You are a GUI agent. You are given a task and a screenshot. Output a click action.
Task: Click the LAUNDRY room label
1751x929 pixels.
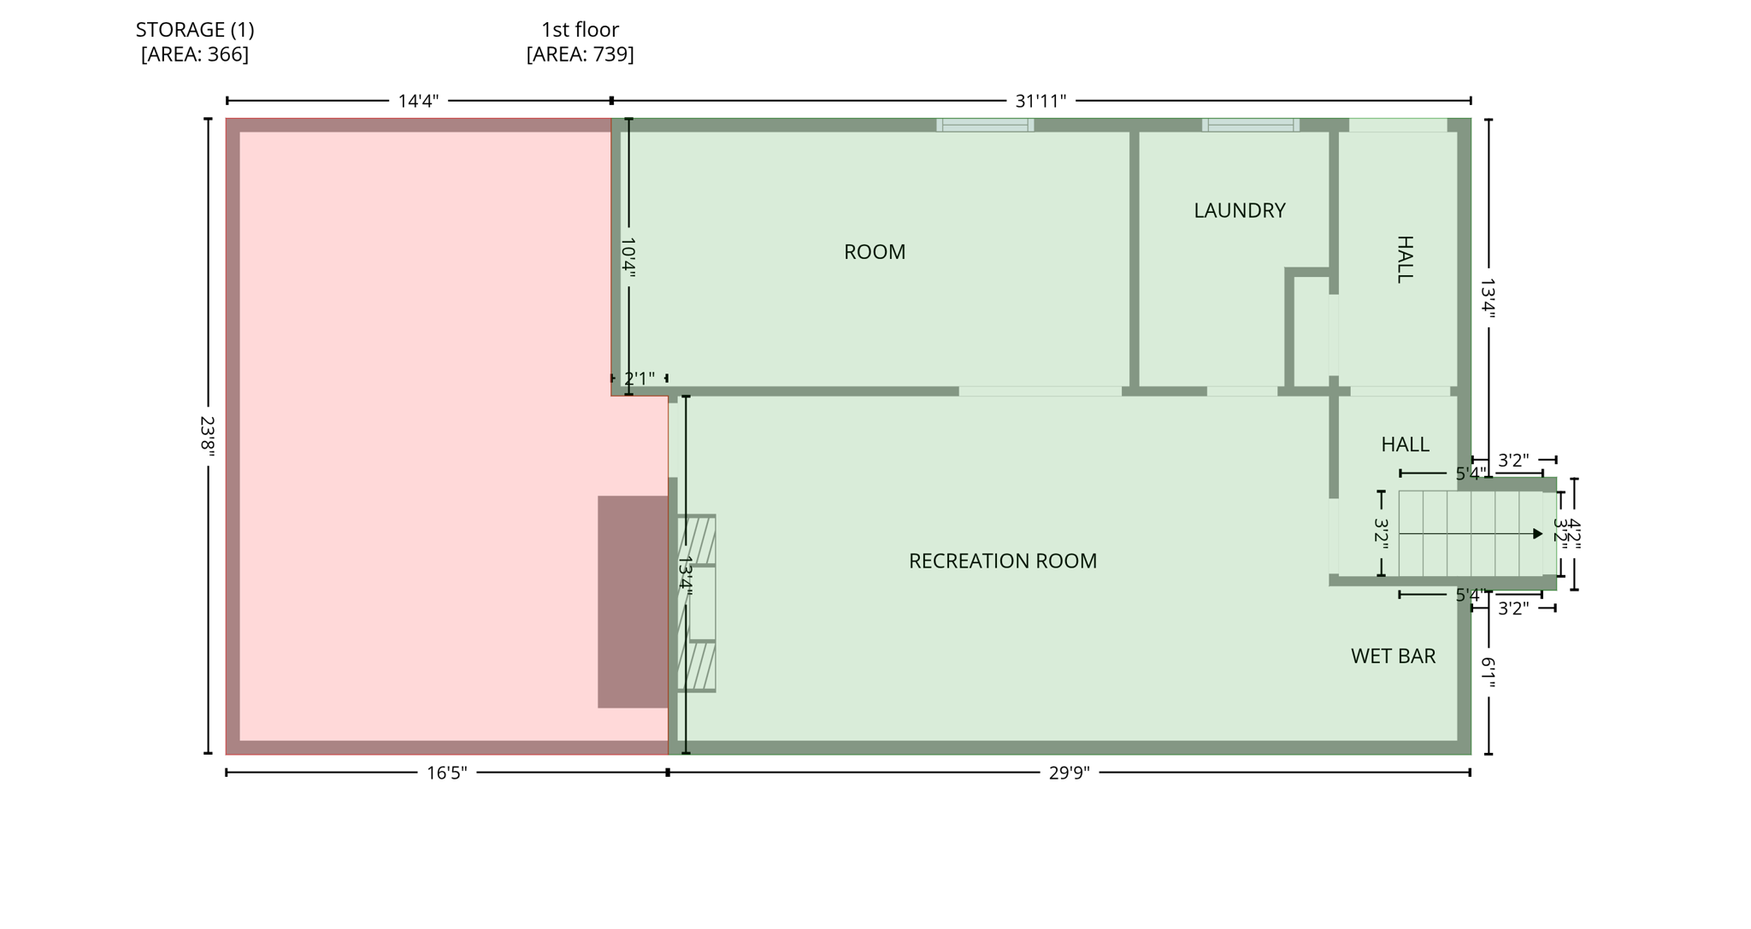tap(1239, 210)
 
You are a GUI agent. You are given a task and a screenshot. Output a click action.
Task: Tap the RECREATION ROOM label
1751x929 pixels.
tap(1002, 561)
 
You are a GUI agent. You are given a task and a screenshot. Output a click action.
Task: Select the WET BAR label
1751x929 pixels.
tap(1393, 656)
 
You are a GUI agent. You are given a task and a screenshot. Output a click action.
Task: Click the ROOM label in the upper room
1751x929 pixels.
tap(874, 252)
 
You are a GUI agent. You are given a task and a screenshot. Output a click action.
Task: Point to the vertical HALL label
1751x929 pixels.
tap(1405, 259)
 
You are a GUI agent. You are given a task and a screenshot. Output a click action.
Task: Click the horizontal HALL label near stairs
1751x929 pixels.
tap(1405, 444)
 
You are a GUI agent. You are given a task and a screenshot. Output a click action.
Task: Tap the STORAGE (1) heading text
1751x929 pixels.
tap(195, 30)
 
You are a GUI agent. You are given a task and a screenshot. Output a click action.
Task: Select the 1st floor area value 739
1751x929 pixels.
tap(580, 55)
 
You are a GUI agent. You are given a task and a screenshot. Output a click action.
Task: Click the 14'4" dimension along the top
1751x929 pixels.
tap(418, 101)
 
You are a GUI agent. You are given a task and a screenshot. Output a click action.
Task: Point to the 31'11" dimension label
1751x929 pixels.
tap(1040, 101)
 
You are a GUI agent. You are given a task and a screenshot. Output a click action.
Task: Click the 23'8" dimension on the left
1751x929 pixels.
tap(207, 436)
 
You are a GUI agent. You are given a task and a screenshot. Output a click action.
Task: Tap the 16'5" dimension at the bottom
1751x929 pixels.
tap(446, 773)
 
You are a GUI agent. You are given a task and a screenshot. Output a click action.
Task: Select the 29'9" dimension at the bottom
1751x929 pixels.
tap(1069, 773)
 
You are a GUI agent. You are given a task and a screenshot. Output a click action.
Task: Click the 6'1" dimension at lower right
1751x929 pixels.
tap(1488, 673)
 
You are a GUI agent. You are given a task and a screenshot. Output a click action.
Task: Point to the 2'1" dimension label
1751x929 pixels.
tap(639, 378)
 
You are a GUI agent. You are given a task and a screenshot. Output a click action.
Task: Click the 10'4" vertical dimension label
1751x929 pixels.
tap(628, 256)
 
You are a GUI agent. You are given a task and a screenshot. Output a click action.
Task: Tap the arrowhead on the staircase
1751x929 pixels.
tap(1537, 534)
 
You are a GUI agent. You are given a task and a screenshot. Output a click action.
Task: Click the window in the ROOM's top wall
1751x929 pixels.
tap(985, 125)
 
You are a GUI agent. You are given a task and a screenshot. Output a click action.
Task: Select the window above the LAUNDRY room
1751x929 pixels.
tap(1250, 125)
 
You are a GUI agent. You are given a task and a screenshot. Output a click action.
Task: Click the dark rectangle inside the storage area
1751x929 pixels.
tap(632, 602)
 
